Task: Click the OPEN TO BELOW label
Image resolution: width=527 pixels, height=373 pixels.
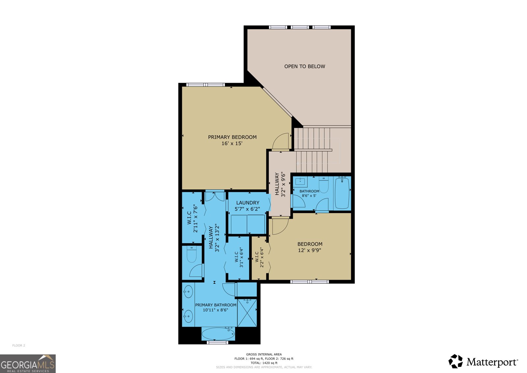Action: point(305,66)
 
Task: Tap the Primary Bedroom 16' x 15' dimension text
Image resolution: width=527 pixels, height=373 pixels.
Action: point(232,143)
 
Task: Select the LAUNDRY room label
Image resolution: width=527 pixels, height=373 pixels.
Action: point(247,203)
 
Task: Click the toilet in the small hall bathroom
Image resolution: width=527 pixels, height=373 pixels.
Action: point(324,186)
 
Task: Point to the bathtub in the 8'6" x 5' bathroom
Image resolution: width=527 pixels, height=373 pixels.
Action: point(342,193)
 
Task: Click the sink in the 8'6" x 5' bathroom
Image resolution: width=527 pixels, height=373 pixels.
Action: point(300,181)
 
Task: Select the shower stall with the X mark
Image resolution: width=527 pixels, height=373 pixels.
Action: point(247,313)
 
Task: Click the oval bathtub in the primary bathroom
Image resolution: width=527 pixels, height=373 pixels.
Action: point(218,334)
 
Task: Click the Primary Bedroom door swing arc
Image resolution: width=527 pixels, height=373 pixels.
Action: point(280,141)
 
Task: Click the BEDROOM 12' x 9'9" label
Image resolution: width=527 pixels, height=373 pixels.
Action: point(310,247)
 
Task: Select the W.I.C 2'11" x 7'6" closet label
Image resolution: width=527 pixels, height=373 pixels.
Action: point(192,218)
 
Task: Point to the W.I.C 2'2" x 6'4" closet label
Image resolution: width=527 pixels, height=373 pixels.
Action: point(259,258)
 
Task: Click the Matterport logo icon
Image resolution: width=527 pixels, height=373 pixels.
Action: point(456,361)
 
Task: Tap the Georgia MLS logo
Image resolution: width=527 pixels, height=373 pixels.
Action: point(28,364)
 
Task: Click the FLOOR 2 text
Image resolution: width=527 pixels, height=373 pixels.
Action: point(19,346)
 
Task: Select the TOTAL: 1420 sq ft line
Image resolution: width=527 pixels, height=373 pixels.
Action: point(264,363)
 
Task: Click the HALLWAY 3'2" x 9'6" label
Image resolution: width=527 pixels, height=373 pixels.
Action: point(280,184)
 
